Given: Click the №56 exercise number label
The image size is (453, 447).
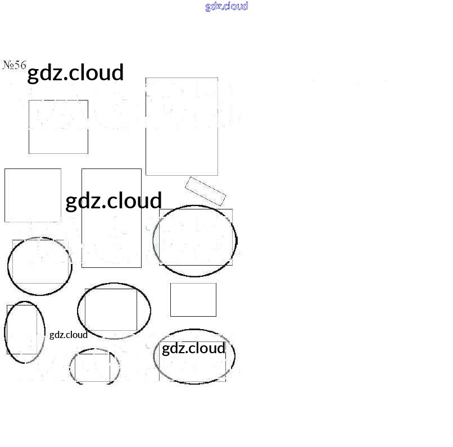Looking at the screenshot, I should pos(15,65).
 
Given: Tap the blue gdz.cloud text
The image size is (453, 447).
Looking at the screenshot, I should pos(226,6).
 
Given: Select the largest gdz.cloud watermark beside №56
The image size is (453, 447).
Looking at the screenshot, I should pos(75,73).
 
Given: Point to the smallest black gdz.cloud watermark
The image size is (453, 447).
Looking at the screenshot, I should pos(69,335).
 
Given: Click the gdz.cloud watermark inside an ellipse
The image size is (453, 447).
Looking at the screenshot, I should pos(193,349).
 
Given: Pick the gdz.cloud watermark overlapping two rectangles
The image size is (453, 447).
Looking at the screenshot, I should pos(114,201).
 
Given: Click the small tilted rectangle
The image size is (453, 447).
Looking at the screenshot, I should pos(205,191).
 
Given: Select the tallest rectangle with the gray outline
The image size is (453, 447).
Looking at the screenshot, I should pos(182,126).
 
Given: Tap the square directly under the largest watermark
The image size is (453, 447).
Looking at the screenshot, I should pos(58,126).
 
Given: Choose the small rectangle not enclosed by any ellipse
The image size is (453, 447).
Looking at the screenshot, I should pos(193,299).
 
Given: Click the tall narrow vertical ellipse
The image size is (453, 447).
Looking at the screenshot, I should pos(24,332).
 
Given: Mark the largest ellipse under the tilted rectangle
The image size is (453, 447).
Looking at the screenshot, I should pos(195,241).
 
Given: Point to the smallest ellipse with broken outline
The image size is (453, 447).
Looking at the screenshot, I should pos(94,366).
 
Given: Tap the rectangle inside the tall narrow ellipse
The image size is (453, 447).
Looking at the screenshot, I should pos(21,329).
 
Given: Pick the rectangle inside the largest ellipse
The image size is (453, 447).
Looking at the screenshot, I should pos(196,237).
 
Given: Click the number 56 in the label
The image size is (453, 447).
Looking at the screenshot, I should pos(20,65).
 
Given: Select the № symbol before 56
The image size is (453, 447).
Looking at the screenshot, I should pos(8,65).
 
